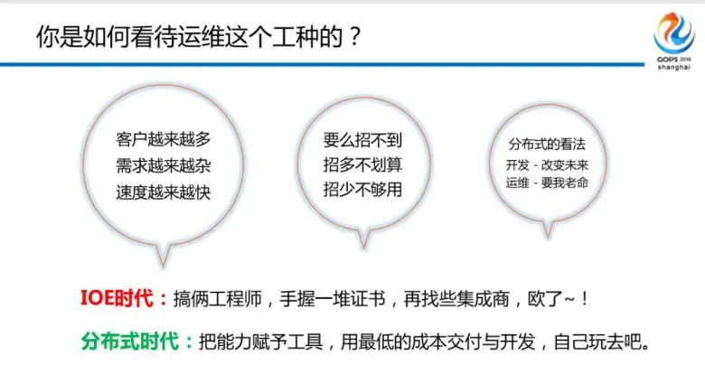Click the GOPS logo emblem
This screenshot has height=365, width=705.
(x=673, y=33)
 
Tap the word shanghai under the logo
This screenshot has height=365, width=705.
(x=674, y=68)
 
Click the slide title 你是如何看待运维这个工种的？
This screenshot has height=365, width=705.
(x=198, y=37)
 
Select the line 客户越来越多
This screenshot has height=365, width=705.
(x=164, y=139)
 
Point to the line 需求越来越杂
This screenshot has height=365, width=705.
(x=164, y=165)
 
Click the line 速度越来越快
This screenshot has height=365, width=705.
(x=164, y=192)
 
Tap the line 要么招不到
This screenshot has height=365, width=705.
(x=362, y=140)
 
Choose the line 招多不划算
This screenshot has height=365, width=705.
(x=362, y=165)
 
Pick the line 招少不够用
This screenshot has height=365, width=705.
(x=362, y=190)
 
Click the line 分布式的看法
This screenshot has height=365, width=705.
(x=547, y=145)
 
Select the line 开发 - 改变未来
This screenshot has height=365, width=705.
(x=547, y=165)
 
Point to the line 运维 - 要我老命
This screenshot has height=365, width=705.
(x=547, y=182)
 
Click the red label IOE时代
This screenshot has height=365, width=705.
(x=124, y=298)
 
